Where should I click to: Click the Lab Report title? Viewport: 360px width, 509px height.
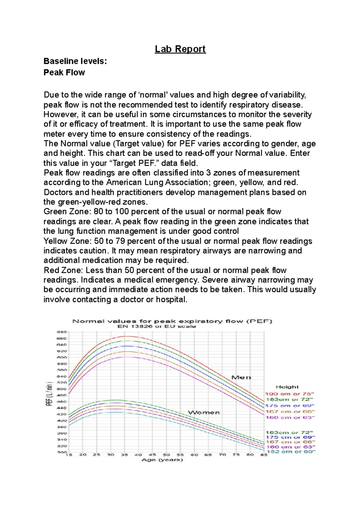[180, 49]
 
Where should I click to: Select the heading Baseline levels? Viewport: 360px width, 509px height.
[75, 61]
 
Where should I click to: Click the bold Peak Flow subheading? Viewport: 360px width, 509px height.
[64, 73]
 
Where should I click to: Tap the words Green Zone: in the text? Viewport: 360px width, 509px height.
[67, 212]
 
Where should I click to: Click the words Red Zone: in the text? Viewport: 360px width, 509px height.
[63, 270]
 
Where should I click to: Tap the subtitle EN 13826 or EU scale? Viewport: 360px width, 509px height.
[157, 326]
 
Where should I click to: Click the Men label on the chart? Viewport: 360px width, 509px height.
[241, 377]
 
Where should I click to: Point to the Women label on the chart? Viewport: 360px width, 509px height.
[204, 413]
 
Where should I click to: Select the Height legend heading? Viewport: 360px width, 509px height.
[287, 387]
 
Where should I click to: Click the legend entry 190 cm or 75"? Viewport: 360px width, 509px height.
[289, 394]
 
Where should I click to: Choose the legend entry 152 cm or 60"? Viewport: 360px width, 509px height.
[291, 451]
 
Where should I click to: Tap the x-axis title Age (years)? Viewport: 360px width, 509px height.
[162, 460]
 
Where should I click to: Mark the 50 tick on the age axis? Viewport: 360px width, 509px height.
[166, 455]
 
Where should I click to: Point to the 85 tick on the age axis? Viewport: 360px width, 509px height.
[264, 455]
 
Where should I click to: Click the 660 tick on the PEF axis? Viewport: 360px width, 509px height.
[61, 338]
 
